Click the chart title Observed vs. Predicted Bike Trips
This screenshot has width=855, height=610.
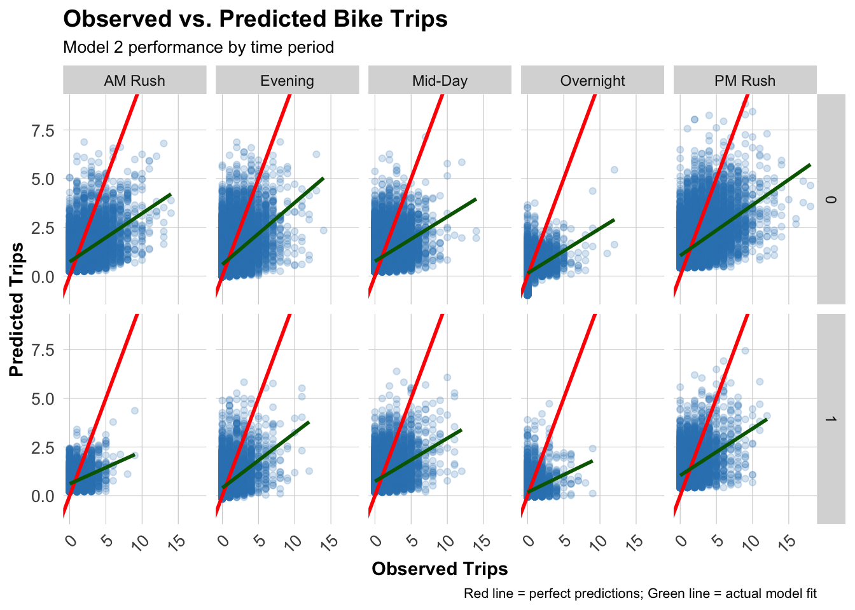pos(255,19)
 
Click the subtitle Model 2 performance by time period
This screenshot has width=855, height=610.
pos(198,48)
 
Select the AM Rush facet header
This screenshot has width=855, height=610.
pos(134,81)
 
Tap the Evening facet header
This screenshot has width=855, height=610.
pos(287,81)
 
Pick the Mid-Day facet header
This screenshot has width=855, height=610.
pos(440,81)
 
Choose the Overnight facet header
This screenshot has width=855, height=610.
pos(592,81)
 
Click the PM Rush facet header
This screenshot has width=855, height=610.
pos(745,81)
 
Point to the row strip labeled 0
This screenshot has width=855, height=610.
pos(830,200)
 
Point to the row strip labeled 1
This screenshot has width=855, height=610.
pos(830,419)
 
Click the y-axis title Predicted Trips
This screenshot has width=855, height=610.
pos(17,309)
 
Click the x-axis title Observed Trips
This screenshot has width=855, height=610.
pos(440,569)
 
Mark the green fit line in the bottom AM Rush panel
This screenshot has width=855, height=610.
pos(102,469)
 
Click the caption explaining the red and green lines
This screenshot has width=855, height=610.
pos(640,593)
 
